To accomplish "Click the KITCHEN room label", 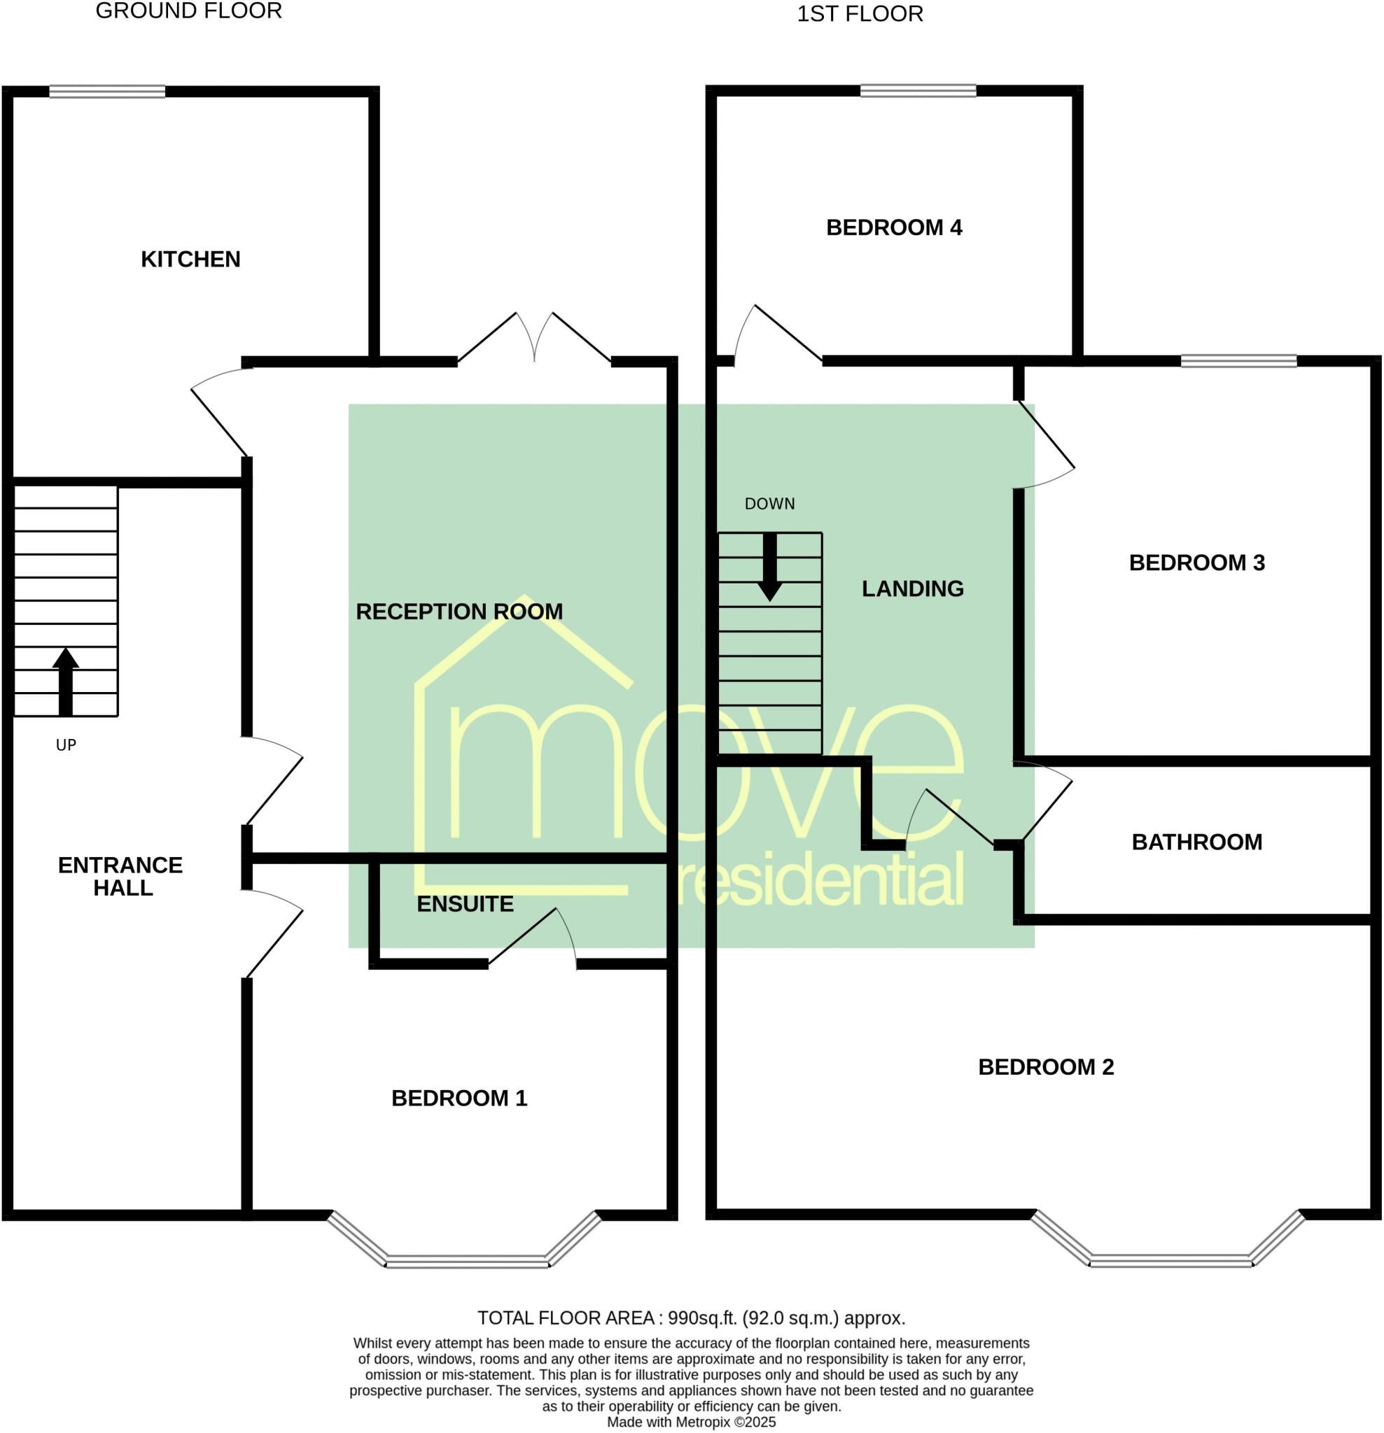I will (x=190, y=259).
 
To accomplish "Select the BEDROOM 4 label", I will (x=893, y=227).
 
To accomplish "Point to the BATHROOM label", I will (x=1196, y=842).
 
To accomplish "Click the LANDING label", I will (x=912, y=588).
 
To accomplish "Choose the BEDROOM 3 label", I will (x=1196, y=563).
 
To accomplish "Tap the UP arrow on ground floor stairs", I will (x=65, y=680).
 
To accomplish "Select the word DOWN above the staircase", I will (x=769, y=504).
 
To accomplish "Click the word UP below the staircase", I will (x=66, y=745).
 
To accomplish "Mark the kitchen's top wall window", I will (x=107, y=92).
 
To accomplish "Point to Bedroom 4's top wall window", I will (x=917, y=91).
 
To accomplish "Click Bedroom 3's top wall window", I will (x=1238, y=360).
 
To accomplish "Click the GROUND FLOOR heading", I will (x=189, y=11).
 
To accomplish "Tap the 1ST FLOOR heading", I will (x=860, y=14).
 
